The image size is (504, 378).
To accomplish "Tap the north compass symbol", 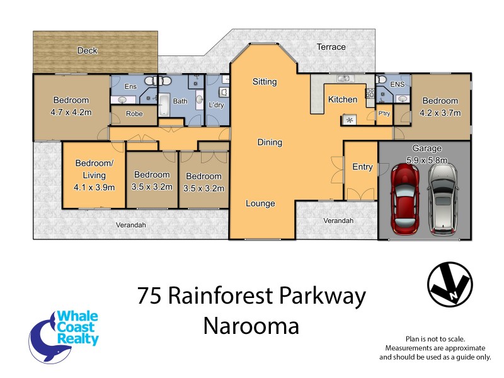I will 449,283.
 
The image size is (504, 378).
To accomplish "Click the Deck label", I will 87,50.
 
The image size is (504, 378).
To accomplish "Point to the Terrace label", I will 331,47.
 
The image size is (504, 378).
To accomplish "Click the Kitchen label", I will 343,100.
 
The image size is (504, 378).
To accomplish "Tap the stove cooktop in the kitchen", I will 348,118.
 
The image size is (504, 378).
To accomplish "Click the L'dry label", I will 216,105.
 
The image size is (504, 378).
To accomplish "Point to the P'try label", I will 383,114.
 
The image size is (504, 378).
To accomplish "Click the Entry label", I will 362,167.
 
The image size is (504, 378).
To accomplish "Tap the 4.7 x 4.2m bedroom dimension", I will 71,113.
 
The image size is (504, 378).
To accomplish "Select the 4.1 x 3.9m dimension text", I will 94,187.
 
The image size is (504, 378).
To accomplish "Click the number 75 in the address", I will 151,296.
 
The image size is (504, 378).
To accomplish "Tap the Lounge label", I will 260,203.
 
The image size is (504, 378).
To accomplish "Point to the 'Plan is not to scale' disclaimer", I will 435,339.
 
